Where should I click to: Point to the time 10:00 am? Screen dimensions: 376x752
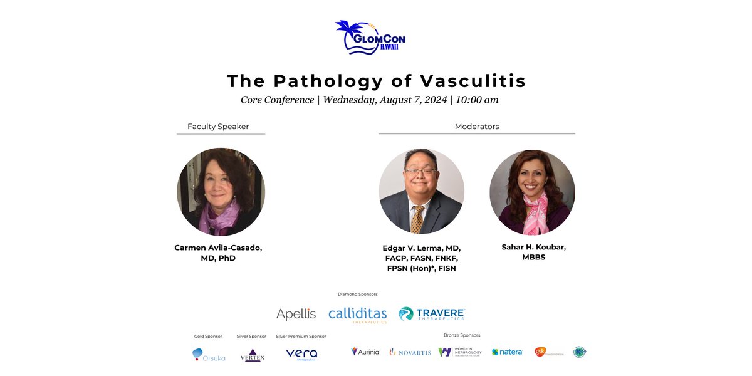click(477, 100)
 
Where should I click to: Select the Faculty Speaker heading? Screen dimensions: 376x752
click(218, 127)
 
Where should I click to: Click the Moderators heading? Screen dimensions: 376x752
click(477, 127)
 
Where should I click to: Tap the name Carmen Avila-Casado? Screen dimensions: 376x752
click(218, 248)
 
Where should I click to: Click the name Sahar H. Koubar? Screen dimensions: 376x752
click(533, 248)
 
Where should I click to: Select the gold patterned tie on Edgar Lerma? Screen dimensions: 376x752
click(417, 219)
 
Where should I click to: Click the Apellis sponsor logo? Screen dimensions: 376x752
click(296, 313)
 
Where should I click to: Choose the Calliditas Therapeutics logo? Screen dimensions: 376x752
click(357, 313)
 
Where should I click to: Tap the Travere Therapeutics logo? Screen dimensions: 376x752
click(432, 313)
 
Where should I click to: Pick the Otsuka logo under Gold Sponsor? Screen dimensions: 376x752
click(209, 355)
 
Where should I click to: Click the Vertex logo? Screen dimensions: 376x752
click(253, 355)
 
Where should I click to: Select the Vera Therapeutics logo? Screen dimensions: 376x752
click(301, 354)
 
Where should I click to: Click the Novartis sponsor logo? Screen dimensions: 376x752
click(410, 352)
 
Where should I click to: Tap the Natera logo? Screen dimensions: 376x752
click(507, 352)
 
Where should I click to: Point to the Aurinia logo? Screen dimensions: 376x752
click(365, 352)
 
